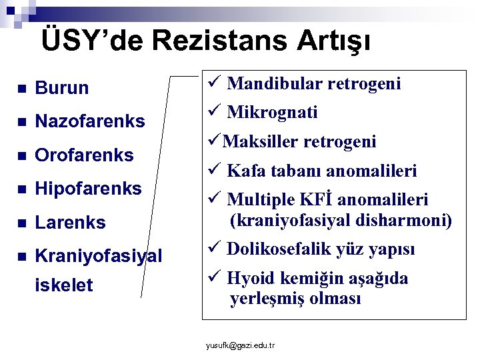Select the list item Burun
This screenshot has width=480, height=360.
[x=62, y=88]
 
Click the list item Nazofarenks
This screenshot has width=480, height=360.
[x=89, y=121]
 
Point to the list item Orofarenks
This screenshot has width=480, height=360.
[x=84, y=155]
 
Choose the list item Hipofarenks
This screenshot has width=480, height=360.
[x=88, y=189]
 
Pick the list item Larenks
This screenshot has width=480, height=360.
[x=70, y=223]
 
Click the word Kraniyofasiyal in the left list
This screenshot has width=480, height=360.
[x=98, y=255]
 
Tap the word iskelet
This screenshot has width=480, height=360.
[x=64, y=285]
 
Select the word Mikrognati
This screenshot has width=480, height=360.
[x=272, y=112]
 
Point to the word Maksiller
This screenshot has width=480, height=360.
[x=261, y=141]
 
